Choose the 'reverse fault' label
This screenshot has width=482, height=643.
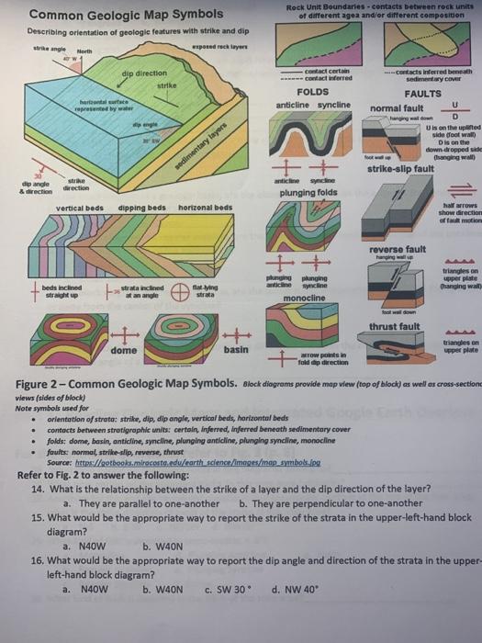pos(394,224)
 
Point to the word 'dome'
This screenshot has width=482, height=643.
pos(123,350)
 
